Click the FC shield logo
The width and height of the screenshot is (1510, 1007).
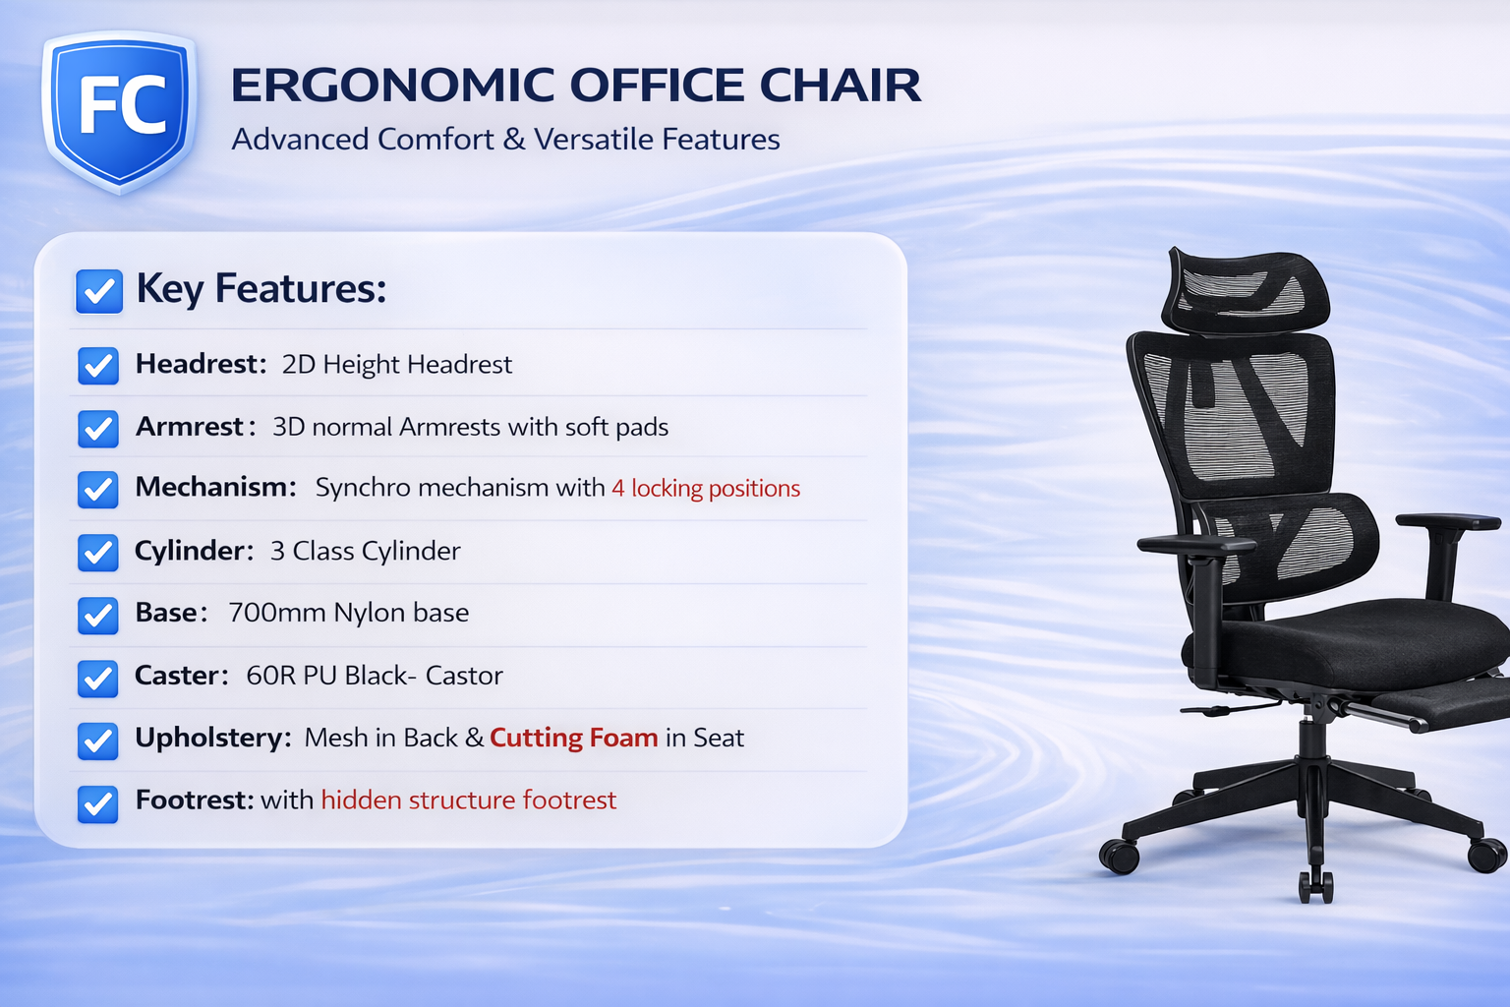[x=120, y=109]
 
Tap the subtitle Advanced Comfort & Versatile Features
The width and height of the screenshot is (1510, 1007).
[x=505, y=140]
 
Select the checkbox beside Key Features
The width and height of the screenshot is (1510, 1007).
[x=99, y=291]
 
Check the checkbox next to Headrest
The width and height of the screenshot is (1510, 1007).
[x=98, y=366]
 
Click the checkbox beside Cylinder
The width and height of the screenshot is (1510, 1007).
[x=98, y=553]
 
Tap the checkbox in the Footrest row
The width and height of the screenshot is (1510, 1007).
[x=98, y=802]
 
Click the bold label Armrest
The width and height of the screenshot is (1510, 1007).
[x=189, y=427]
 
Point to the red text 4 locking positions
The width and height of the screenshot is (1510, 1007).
[x=706, y=489]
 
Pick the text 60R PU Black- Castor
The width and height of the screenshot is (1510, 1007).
[x=374, y=676]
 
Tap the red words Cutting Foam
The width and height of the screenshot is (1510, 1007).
[x=573, y=738]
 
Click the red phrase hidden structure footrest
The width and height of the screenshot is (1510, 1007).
[x=468, y=800]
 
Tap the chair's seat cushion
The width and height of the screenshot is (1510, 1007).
[x=1357, y=639]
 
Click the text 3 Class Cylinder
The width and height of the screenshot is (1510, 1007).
[x=365, y=551]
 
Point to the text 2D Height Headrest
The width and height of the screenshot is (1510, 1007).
[x=396, y=365]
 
